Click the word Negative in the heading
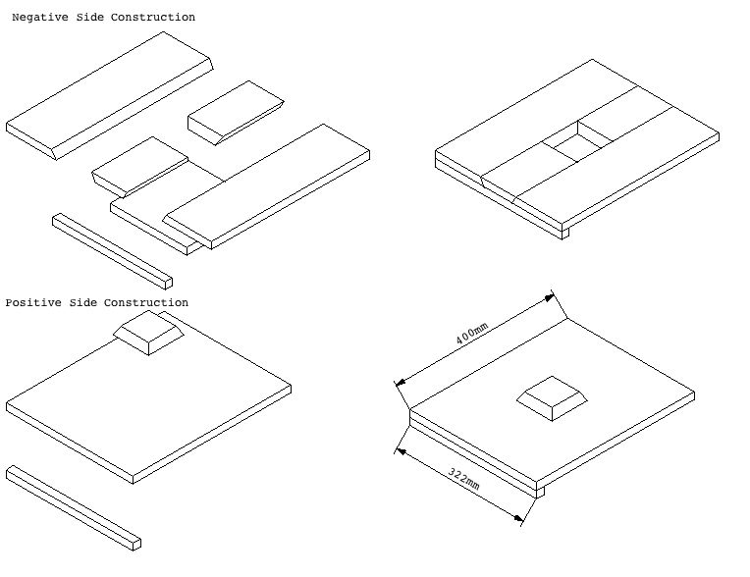(39, 18)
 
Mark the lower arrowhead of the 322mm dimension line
(520, 521)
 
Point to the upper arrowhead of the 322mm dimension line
(399, 450)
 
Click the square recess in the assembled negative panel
(576, 145)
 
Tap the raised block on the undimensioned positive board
(146, 334)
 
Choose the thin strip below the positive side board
(74, 505)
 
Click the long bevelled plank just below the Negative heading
(110, 92)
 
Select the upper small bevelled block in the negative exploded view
(236, 112)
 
